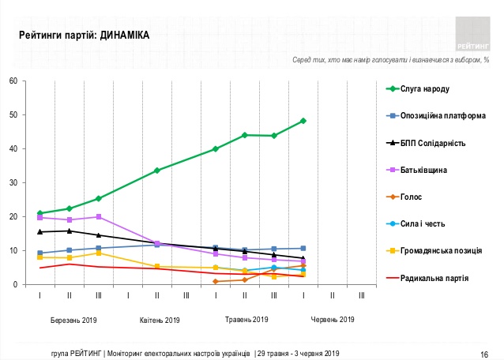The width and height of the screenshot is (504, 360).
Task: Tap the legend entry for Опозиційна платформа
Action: pyautogui.click(x=443, y=116)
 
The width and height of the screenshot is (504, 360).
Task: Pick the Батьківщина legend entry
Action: pyautogui.click(x=427, y=170)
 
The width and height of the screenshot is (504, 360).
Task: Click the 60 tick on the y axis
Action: pyautogui.click(x=13, y=81)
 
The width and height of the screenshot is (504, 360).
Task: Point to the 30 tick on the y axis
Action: pyautogui.click(x=13, y=182)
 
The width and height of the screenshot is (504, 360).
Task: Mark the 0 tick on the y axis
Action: pyautogui.click(x=15, y=284)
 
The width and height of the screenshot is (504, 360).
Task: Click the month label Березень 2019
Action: pyautogui.click(x=69, y=320)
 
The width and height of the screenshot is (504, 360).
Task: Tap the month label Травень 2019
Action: pyautogui.click(x=244, y=320)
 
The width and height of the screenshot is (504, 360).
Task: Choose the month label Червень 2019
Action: pyautogui.click(x=333, y=320)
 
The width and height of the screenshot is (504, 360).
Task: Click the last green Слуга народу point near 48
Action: pyautogui.click(x=303, y=121)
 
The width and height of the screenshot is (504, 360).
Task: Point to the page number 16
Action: pyautogui.click(x=484, y=353)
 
